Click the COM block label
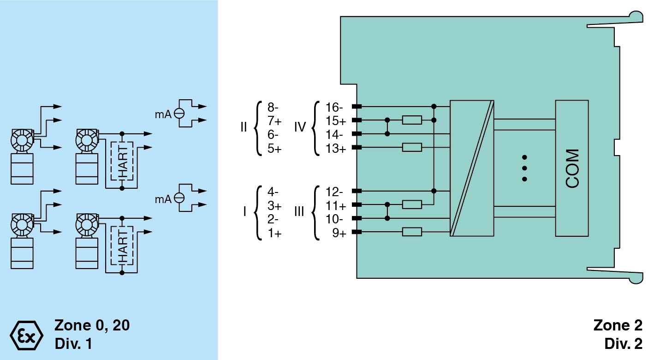point(572,168)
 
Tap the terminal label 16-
point(334,108)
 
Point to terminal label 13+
point(335,149)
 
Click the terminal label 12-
point(334,192)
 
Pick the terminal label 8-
point(273,108)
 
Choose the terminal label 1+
point(275,233)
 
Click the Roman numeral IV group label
point(300,127)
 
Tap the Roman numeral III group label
point(299,212)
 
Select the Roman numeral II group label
point(244,127)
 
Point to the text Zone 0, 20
point(92,325)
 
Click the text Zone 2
point(618,325)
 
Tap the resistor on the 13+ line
point(412,148)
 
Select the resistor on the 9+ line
point(412,232)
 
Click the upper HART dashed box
point(122,161)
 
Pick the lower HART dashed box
point(122,246)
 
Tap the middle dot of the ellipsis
point(524,168)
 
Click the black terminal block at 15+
point(357,120)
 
